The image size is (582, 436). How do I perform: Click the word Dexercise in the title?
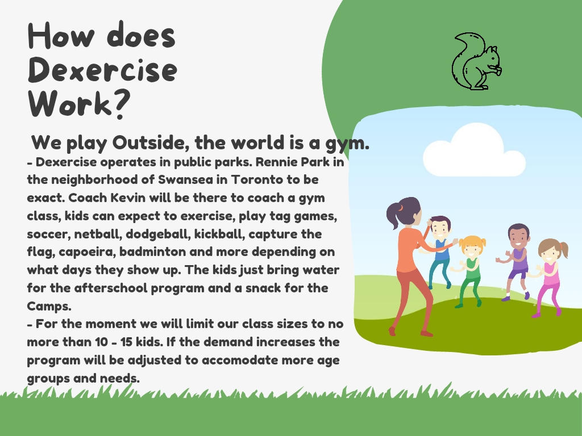(x=102, y=70)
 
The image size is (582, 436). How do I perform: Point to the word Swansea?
(x=186, y=179)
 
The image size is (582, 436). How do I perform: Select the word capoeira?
(x=87, y=252)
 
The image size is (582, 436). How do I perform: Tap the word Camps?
(x=49, y=306)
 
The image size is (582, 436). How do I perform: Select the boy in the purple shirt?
(x=516, y=261)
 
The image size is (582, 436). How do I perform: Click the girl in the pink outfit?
(x=550, y=277)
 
